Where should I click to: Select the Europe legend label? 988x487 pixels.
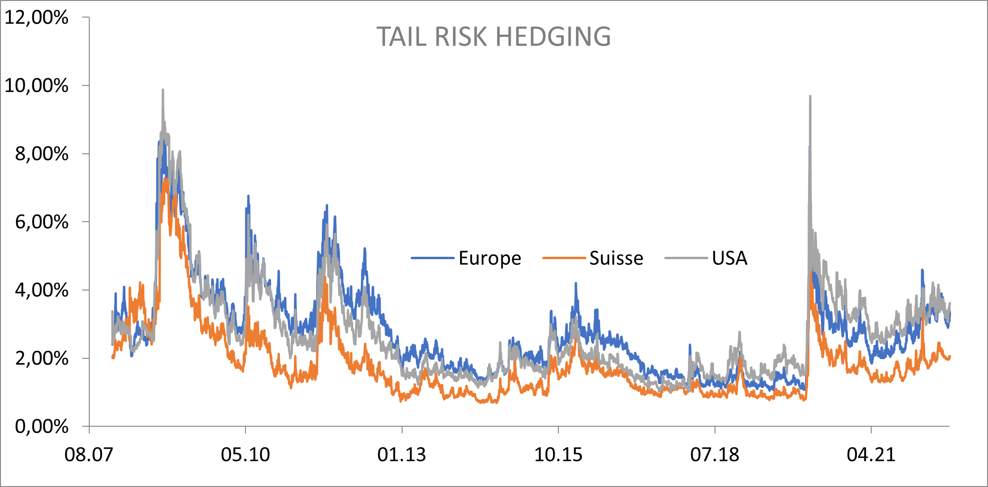(x=489, y=258)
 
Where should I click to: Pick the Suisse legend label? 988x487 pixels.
(x=616, y=258)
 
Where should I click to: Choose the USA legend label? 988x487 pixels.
(x=729, y=258)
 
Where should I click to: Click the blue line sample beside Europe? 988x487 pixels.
(x=433, y=258)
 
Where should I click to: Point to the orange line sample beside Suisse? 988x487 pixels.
(x=564, y=258)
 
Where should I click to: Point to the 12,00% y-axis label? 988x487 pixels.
(x=37, y=18)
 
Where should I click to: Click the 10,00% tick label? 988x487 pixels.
(x=37, y=86)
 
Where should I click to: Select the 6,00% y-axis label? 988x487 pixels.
(x=42, y=222)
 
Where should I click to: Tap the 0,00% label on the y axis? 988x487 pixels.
(x=42, y=427)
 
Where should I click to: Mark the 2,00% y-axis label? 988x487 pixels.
(x=42, y=358)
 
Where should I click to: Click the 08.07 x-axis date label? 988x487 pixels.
(x=89, y=455)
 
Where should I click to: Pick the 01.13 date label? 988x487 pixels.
(x=402, y=455)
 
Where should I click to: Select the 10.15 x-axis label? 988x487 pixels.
(x=558, y=455)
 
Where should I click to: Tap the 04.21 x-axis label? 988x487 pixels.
(x=871, y=455)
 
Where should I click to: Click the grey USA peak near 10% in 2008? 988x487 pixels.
(x=163, y=90)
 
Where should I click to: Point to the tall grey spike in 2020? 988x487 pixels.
(x=810, y=97)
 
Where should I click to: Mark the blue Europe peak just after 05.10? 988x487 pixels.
(x=248, y=197)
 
